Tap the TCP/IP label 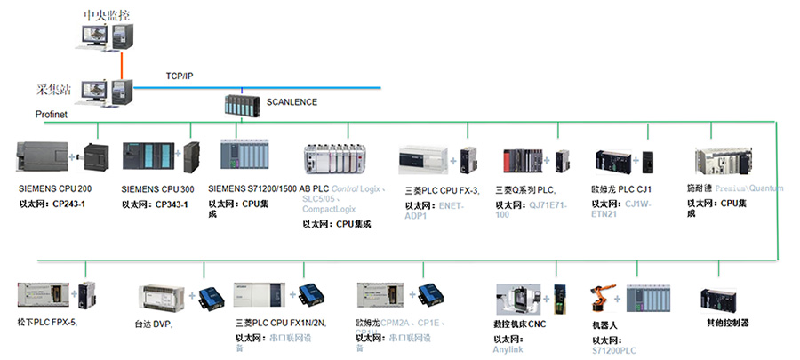[179, 76]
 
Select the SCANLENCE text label [292, 102]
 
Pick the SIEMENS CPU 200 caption [55, 189]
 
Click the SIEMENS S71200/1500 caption [252, 189]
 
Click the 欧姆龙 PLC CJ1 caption [621, 189]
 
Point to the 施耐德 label [699, 188]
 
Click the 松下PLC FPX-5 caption [47, 322]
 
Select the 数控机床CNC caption [519, 324]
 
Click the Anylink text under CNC [513, 350]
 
